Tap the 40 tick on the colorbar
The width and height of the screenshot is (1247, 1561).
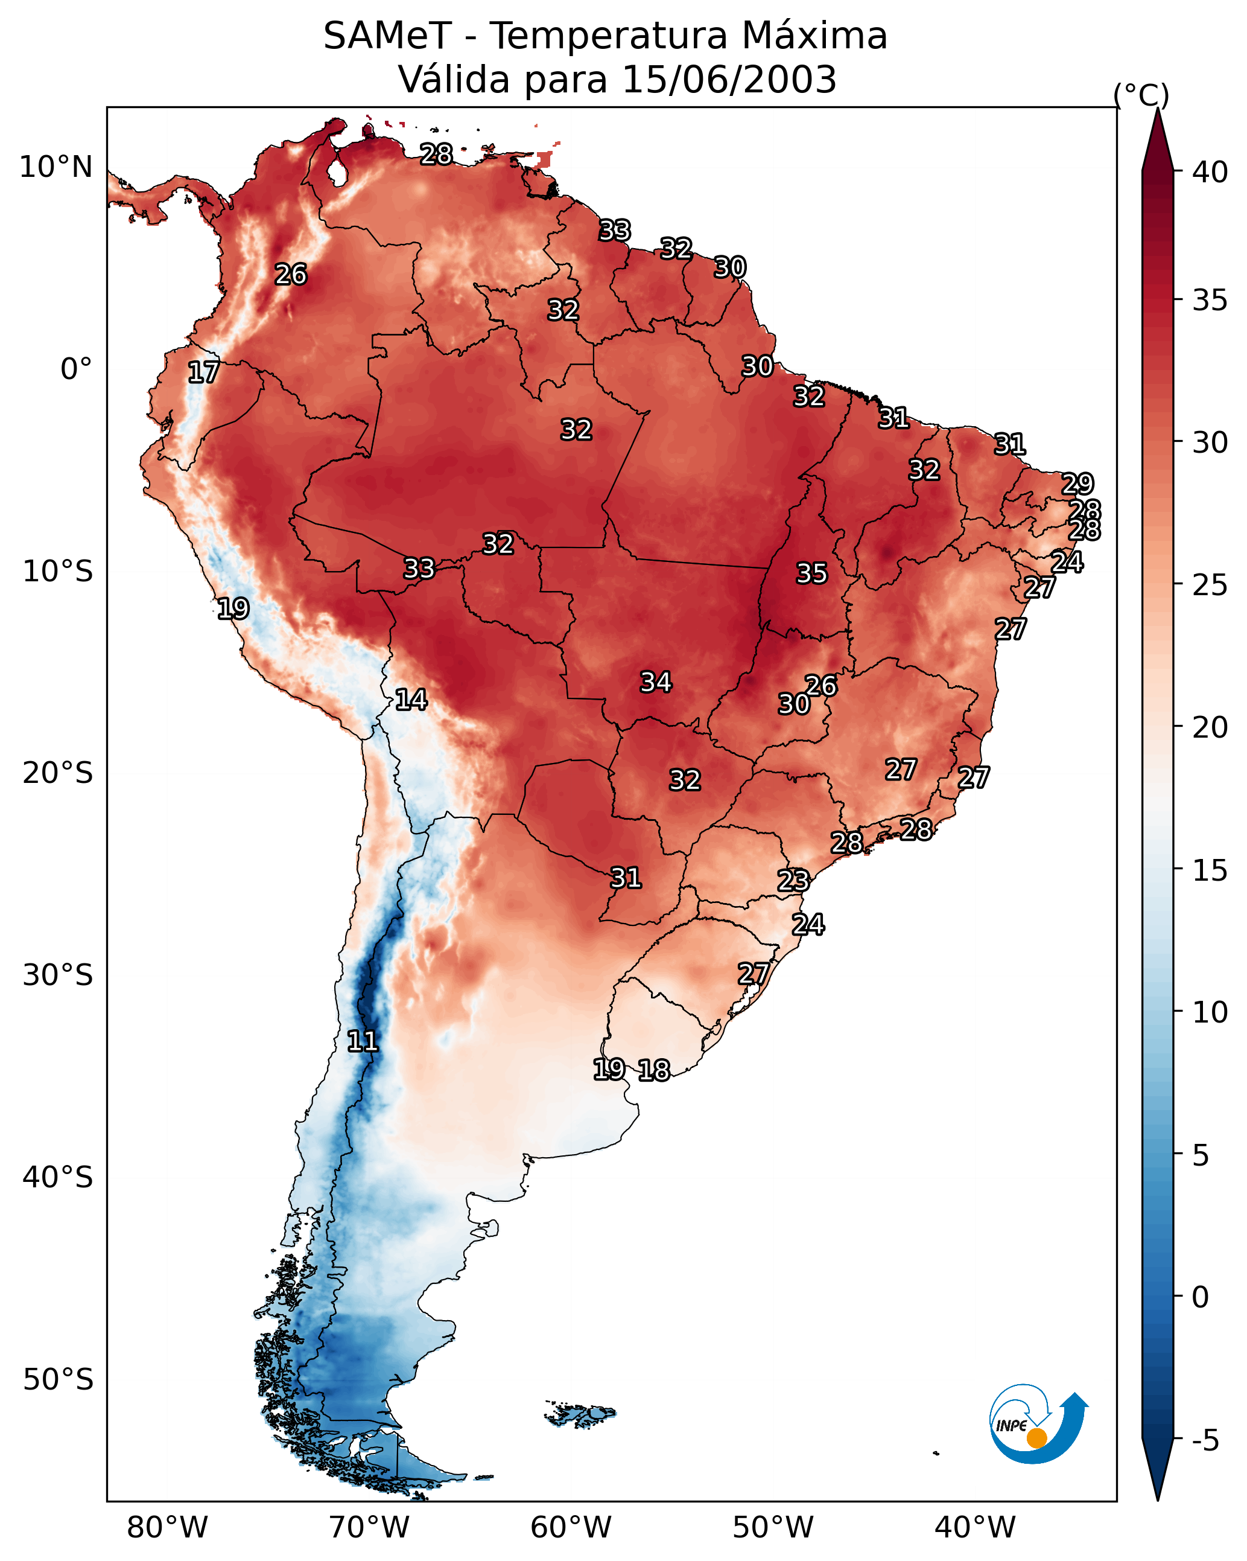[1210, 172]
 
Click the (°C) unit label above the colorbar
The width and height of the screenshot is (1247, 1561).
[1141, 94]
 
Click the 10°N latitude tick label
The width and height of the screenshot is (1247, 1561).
[56, 167]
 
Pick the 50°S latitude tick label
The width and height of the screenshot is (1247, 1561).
[58, 1379]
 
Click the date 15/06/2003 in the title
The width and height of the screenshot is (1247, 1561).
[729, 80]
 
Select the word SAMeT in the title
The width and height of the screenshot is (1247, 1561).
[387, 36]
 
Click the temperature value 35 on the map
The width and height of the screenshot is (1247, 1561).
[811, 573]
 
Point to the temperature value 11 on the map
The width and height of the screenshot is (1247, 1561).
[363, 1041]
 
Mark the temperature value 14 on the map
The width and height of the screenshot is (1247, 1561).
[411, 700]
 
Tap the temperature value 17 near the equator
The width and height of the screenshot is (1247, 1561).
[203, 372]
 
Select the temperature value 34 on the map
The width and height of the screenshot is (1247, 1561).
[656, 682]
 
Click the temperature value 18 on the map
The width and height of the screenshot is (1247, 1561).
[654, 1070]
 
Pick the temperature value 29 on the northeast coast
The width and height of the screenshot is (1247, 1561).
[1077, 483]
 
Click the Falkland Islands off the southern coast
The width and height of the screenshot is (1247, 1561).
[580, 1413]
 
